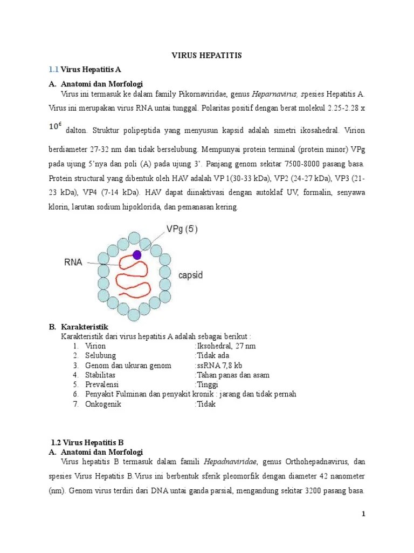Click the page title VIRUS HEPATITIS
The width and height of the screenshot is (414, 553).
tap(207, 56)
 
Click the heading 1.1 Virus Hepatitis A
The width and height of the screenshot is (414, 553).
tap(85, 70)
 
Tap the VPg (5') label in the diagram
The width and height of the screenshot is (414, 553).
tap(182, 229)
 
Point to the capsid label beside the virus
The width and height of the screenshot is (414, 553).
tap(191, 275)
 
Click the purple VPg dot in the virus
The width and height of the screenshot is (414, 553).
tap(137, 254)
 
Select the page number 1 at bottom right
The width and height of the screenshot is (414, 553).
tap(363, 514)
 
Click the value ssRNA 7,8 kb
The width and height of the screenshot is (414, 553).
tap(220, 365)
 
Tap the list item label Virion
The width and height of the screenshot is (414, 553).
tap(95, 346)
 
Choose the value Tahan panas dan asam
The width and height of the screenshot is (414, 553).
tap(233, 375)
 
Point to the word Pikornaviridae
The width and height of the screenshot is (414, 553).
tap(197, 93)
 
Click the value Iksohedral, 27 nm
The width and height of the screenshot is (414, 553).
tap(226, 346)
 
